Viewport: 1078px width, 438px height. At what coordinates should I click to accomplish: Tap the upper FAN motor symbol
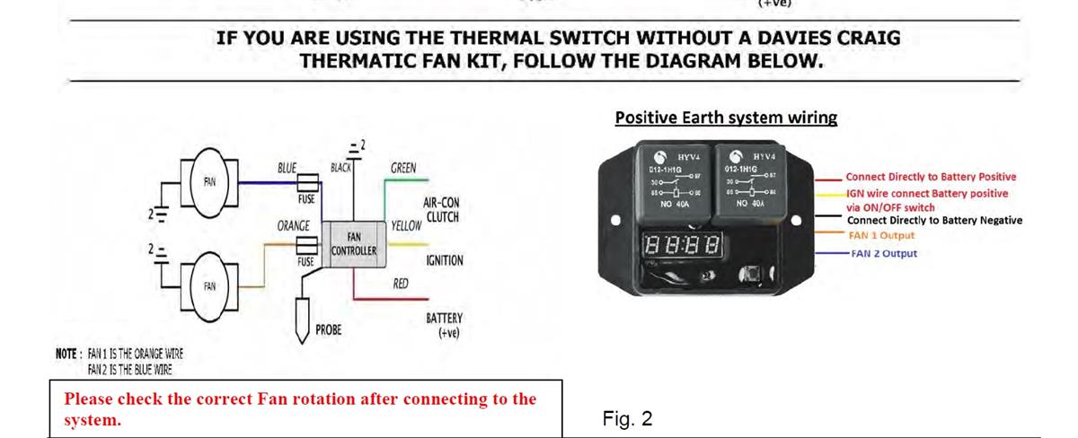pos(208,180)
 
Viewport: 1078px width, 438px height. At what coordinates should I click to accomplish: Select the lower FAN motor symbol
pos(208,285)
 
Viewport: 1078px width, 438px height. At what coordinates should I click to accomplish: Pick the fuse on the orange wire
pos(307,243)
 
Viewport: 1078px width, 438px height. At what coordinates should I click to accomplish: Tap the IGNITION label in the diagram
pos(444,261)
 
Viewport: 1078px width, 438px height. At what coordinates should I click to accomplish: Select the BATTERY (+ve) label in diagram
pos(444,325)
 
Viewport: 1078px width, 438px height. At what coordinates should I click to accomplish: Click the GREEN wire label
pos(402,168)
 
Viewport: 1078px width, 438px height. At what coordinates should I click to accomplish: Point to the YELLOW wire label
pos(406,225)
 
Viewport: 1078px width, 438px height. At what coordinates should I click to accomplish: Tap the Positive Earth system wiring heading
pos(726,118)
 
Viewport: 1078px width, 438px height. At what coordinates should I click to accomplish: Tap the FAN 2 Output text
pos(884,253)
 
